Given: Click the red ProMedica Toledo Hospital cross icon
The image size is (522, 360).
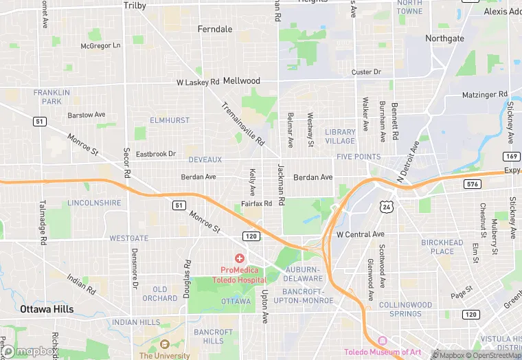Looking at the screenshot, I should (239, 258).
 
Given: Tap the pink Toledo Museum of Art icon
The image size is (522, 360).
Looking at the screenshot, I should (383, 341).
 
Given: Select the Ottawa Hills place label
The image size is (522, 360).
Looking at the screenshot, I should (47, 309).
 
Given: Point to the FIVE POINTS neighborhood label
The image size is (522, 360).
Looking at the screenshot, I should (358, 157).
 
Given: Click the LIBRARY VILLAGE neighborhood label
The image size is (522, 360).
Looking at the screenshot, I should (340, 136).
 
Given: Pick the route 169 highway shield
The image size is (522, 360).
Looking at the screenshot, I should (510, 156).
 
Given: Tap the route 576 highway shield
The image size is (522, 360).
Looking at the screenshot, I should (472, 183).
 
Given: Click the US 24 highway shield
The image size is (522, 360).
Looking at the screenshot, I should (387, 205).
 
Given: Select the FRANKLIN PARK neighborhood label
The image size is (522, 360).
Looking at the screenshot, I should (52, 97).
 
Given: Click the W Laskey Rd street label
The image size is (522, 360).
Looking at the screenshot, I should (197, 82).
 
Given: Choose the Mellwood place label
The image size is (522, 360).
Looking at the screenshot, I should (242, 80).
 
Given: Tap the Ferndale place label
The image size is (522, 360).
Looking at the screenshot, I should (215, 30).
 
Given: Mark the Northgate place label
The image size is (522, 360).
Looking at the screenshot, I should (444, 38).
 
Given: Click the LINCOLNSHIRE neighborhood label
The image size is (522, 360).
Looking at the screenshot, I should (94, 203).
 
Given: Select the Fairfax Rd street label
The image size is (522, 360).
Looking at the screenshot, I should (256, 204).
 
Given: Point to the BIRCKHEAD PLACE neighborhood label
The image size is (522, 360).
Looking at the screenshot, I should (442, 247).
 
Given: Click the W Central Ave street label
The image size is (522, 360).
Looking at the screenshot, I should (360, 234).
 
